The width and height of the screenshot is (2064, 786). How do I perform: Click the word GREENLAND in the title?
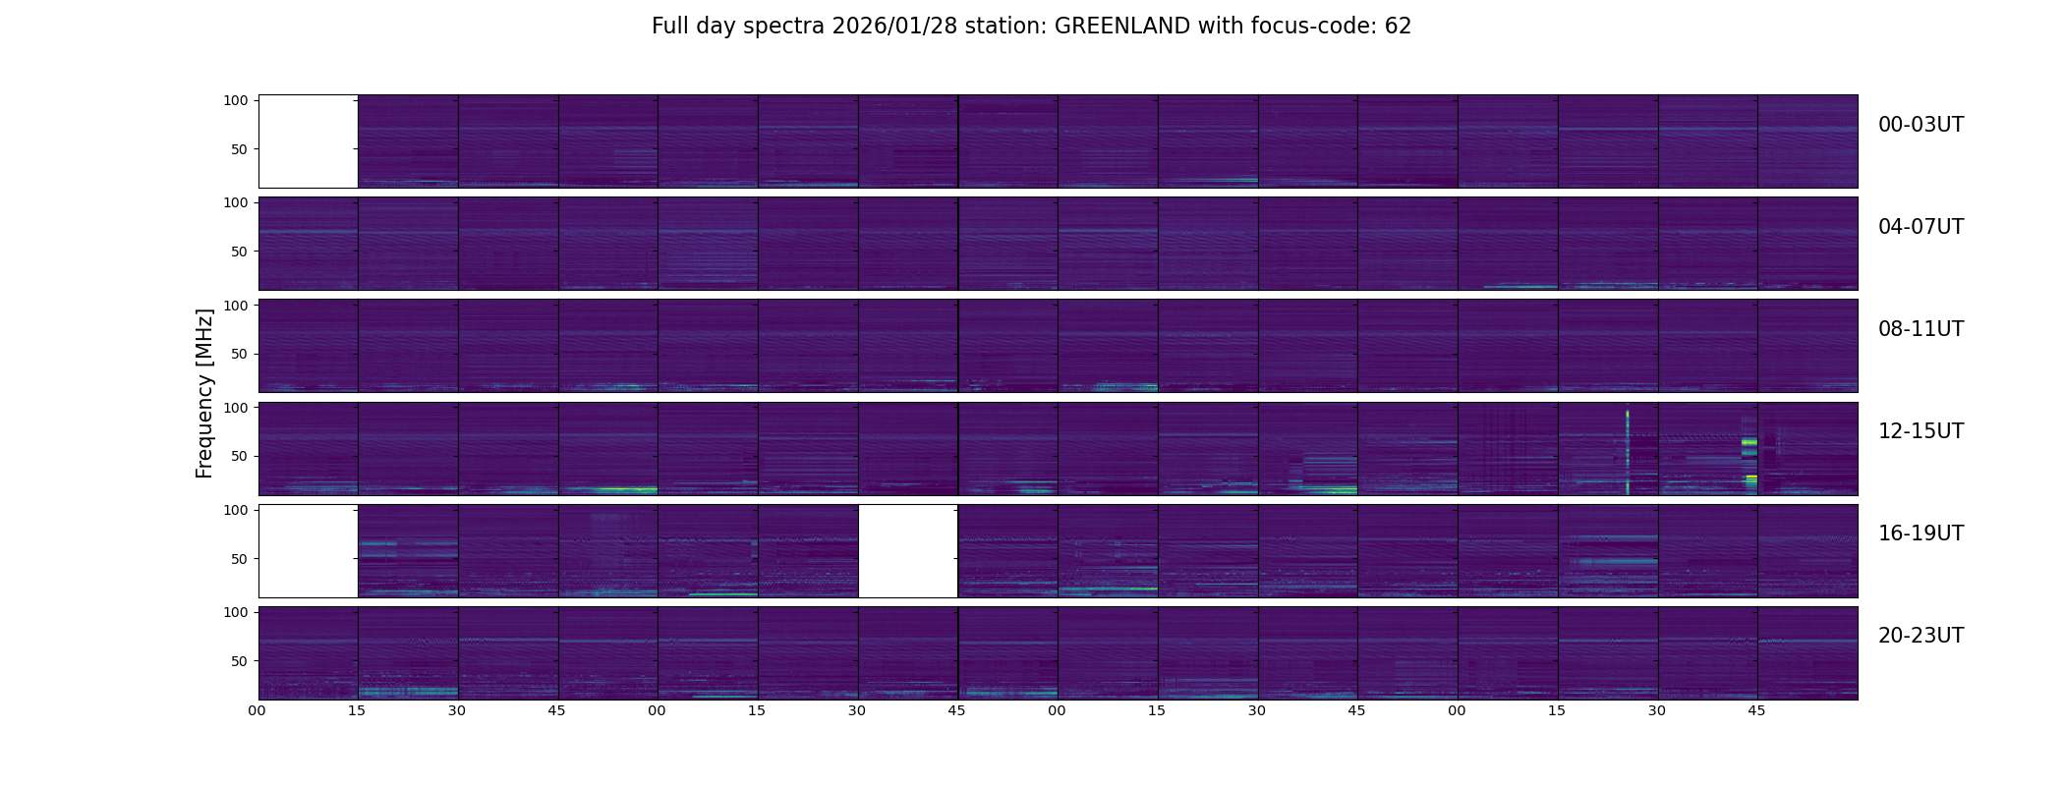pyautogui.click(x=1121, y=27)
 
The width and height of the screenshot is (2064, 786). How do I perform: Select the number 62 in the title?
pyautogui.click(x=1398, y=27)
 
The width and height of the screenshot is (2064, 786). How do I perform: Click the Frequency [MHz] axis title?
pyautogui.click(x=204, y=393)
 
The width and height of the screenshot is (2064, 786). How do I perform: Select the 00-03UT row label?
pyautogui.click(x=1921, y=125)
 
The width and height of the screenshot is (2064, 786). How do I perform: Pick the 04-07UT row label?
pyautogui.click(x=1921, y=227)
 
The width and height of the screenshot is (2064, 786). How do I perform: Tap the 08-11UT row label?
pyautogui.click(x=1921, y=329)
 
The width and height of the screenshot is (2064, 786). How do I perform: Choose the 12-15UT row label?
pyautogui.click(x=1921, y=431)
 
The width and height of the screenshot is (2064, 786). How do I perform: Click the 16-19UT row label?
pyautogui.click(x=1921, y=533)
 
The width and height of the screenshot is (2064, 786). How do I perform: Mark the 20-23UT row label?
pyautogui.click(x=1921, y=636)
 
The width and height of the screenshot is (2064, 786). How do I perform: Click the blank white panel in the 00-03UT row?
pyautogui.click(x=308, y=141)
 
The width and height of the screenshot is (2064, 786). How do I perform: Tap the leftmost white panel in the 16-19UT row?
pyautogui.click(x=308, y=551)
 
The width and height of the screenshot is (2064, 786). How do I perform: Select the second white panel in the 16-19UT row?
pyautogui.click(x=907, y=551)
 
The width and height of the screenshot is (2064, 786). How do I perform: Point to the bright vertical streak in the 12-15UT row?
pyautogui.click(x=1628, y=452)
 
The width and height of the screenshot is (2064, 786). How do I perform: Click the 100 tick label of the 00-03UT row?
pyautogui.click(x=236, y=100)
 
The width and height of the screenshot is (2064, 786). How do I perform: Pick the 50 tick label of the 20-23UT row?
pyautogui.click(x=240, y=661)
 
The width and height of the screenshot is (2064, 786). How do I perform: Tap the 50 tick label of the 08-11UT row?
pyautogui.click(x=240, y=354)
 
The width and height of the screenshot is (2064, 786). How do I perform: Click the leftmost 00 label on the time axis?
pyautogui.click(x=258, y=710)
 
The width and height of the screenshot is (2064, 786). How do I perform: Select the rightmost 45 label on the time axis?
pyautogui.click(x=1756, y=710)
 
